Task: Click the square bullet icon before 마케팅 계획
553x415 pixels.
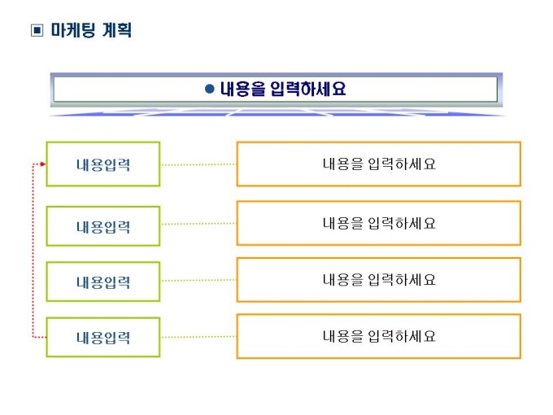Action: pyautogui.click(x=35, y=32)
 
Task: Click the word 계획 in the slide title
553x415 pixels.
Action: pyautogui.click(x=115, y=31)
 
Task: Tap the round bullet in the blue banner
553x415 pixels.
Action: pyautogui.click(x=209, y=89)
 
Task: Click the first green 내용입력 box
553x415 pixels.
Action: pyautogui.click(x=103, y=164)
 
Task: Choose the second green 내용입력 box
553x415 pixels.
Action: pyautogui.click(x=103, y=226)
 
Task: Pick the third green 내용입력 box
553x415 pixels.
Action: pyautogui.click(x=103, y=282)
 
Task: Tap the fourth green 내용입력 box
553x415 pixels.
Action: pyautogui.click(x=103, y=337)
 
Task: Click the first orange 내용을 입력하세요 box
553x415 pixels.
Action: pyautogui.click(x=378, y=164)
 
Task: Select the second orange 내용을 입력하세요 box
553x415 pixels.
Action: pyautogui.click(x=378, y=223)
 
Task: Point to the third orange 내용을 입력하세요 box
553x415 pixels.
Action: pyautogui.click(x=378, y=280)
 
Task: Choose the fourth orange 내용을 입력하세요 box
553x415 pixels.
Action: pyautogui.click(x=378, y=336)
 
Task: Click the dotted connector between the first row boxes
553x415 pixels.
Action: pyautogui.click(x=198, y=164)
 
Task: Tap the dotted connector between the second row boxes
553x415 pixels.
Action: pyautogui.click(x=198, y=224)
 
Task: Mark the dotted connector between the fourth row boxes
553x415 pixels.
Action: pyautogui.click(x=198, y=336)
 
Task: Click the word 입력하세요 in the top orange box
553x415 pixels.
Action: pyautogui.click(x=402, y=164)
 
